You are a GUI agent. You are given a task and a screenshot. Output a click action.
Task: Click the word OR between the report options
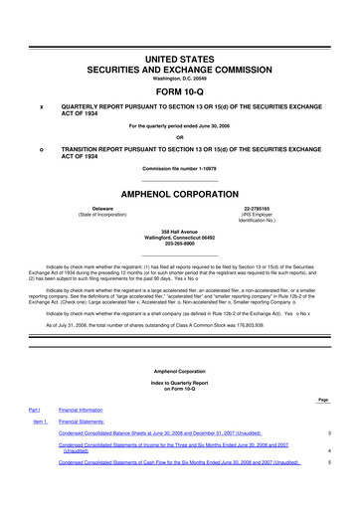pos(180,136)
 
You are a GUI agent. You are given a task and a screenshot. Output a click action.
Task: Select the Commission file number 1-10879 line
pos(180,168)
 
